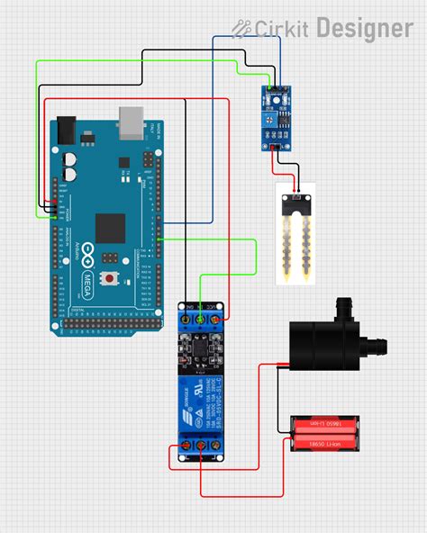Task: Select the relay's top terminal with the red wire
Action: (x=217, y=318)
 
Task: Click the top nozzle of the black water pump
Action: (x=342, y=309)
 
